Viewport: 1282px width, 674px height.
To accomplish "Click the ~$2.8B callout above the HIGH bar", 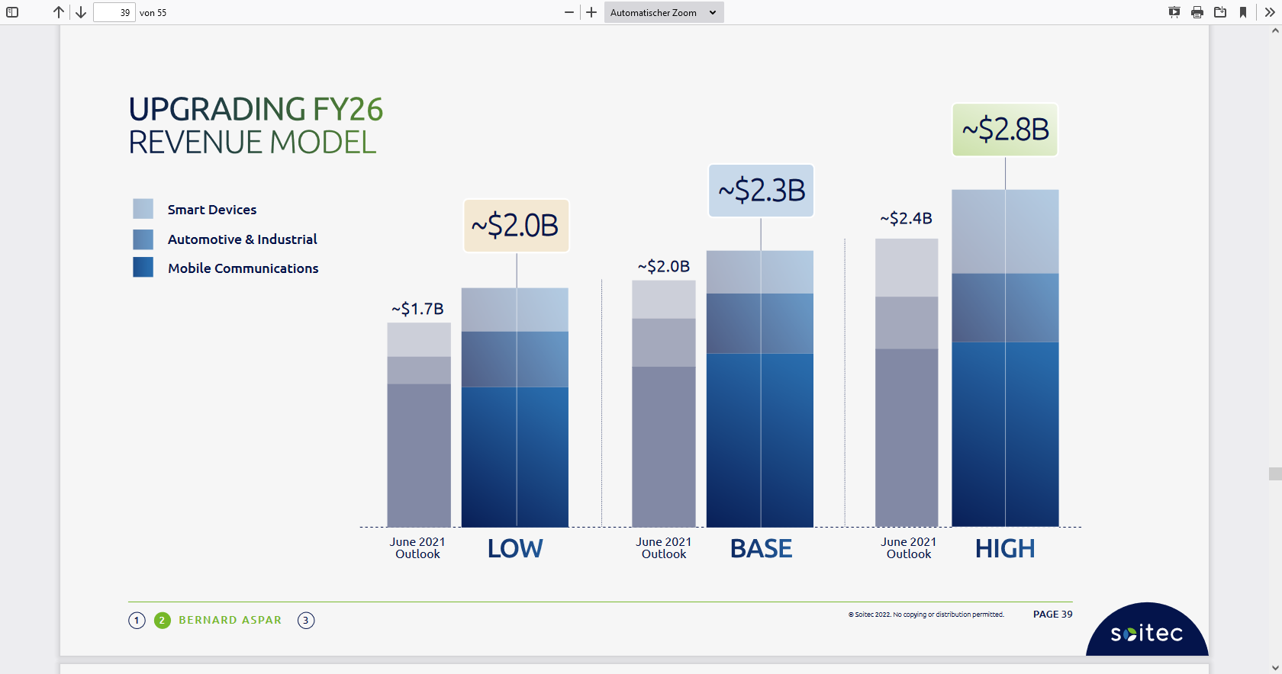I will point(1005,130).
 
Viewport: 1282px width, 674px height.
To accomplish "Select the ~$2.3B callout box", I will point(761,191).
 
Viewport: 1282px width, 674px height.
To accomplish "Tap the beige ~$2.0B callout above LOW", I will point(516,226).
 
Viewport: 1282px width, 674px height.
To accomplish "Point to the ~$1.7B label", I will point(417,309).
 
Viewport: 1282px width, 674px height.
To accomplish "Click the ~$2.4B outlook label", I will point(906,219).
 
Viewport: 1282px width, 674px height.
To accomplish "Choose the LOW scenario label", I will point(515,549).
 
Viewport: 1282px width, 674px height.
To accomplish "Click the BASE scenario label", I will point(761,549).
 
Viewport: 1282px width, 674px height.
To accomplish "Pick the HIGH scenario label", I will point(1005,549).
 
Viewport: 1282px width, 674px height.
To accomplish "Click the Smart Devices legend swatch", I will point(143,209).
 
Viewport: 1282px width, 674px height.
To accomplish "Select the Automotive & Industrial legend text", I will point(242,239).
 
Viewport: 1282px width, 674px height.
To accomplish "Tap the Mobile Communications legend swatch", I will point(143,267).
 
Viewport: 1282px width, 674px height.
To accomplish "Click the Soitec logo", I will point(1146,633).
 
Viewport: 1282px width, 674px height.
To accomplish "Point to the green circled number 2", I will point(162,620).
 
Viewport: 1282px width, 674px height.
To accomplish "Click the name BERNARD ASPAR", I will point(230,620).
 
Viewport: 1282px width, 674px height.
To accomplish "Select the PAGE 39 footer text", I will point(1052,615).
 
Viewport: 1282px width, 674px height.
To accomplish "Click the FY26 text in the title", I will point(348,110).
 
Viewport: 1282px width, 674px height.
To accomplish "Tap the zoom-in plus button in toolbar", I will point(591,12).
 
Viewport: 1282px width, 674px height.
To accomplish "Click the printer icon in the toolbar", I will point(1197,12).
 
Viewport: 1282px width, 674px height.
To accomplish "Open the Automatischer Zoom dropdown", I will point(663,12).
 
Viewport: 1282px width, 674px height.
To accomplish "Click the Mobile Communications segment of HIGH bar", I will point(1005,435).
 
